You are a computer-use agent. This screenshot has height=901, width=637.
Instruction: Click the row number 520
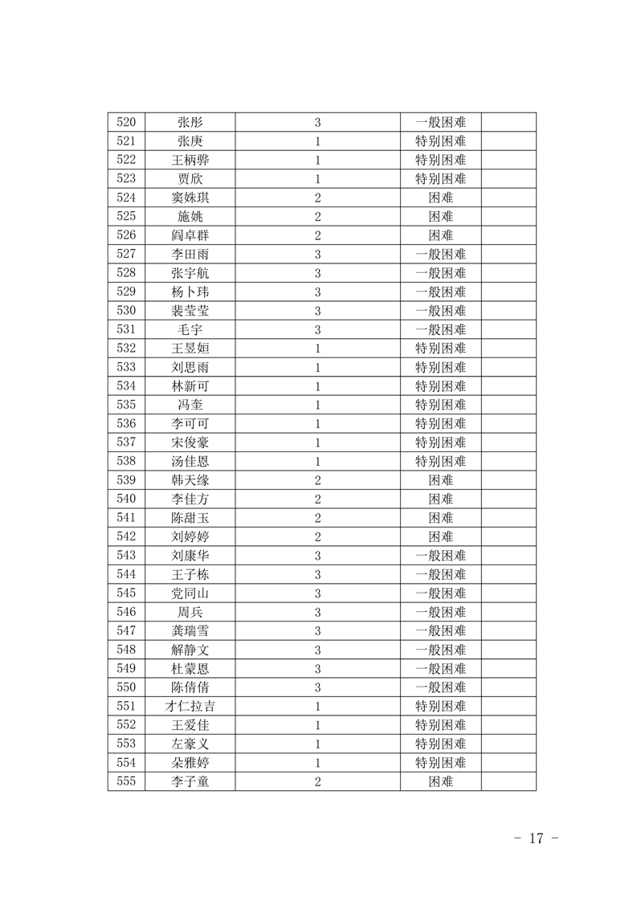126,123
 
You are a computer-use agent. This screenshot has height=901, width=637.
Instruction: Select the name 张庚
190,141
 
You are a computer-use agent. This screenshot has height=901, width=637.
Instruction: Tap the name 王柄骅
190,161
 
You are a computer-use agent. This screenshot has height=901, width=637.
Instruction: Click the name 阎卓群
190,236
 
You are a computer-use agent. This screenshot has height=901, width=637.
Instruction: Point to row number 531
126,330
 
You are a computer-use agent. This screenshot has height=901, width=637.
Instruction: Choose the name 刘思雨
190,368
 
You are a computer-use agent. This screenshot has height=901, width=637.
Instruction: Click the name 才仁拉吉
190,707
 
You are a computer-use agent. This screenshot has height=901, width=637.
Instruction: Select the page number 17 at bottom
536,838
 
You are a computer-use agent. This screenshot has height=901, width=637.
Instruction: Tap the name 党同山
190,593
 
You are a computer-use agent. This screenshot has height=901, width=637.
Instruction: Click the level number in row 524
318,198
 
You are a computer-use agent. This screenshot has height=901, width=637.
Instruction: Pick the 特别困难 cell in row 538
440,462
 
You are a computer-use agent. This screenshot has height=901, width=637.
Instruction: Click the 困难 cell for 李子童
440,781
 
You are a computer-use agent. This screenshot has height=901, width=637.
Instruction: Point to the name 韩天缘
190,481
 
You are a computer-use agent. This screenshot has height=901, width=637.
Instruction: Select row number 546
126,612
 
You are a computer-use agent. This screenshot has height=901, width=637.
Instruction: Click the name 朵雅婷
190,763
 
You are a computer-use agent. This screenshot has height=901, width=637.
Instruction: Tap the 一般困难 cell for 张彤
440,123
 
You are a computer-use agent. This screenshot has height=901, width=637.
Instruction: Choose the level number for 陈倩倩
318,687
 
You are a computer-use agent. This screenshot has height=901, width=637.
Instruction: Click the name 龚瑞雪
190,631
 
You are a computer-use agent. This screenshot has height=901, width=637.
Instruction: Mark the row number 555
126,781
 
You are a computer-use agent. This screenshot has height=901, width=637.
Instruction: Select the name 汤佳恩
190,462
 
